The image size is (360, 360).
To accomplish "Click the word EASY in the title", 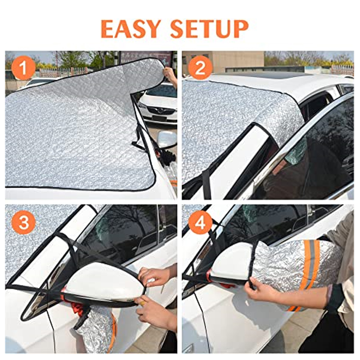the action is (130, 29).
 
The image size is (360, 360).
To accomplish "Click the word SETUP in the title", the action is (210, 29).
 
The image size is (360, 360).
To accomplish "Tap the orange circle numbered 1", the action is (23, 68).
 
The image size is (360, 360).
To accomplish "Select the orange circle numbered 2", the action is (200, 68).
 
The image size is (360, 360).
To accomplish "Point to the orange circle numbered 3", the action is (24, 222).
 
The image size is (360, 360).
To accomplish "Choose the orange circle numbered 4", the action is (200, 222).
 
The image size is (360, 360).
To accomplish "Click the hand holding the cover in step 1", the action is (171, 76).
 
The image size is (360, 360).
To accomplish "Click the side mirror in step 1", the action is (166, 139).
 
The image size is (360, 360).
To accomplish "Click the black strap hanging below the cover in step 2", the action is (207, 184).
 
